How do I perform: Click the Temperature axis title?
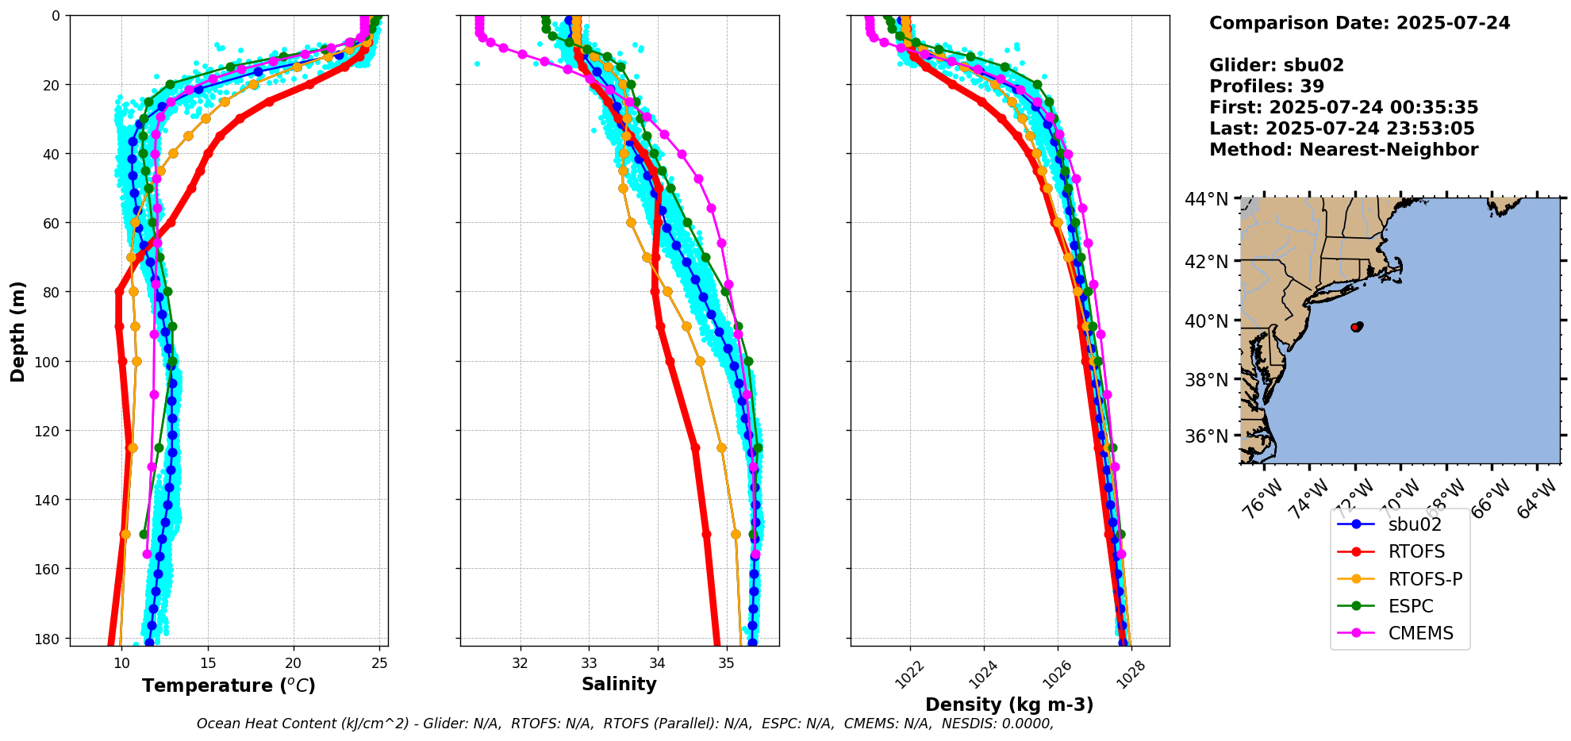coord(229,685)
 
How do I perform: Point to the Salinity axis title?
coord(619,684)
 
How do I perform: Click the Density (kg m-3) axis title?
coord(1009,705)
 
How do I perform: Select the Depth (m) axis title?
coord(17,331)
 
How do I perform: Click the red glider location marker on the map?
coord(1356,327)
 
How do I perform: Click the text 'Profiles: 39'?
coord(1266,86)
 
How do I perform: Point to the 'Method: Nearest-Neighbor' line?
coord(1343,150)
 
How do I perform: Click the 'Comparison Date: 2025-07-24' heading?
coord(1359,23)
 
